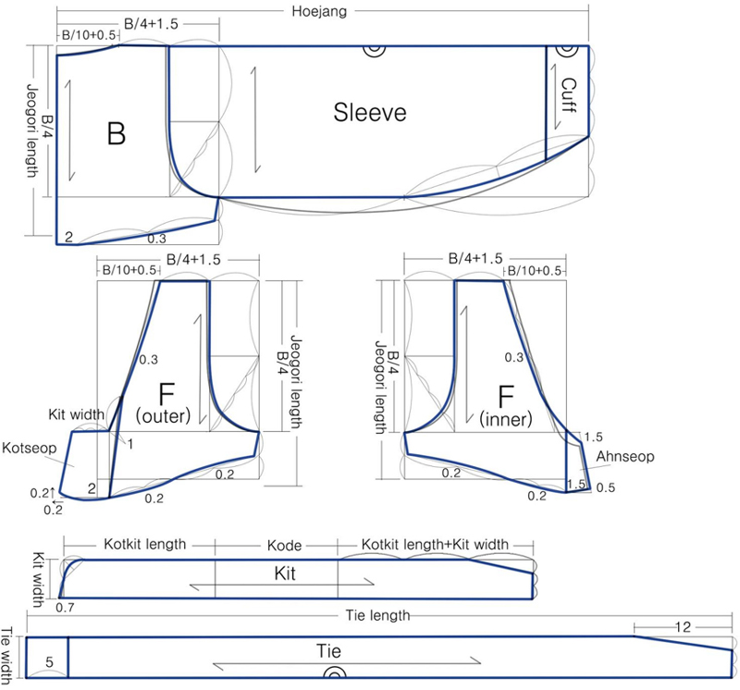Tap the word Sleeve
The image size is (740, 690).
click(370, 114)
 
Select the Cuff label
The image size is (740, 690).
click(570, 95)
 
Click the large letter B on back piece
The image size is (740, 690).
click(116, 134)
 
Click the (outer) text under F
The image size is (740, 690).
click(163, 418)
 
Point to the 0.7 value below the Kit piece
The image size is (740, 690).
click(65, 608)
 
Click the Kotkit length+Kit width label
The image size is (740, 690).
click(434, 545)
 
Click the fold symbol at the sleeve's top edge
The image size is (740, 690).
click(373, 52)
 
